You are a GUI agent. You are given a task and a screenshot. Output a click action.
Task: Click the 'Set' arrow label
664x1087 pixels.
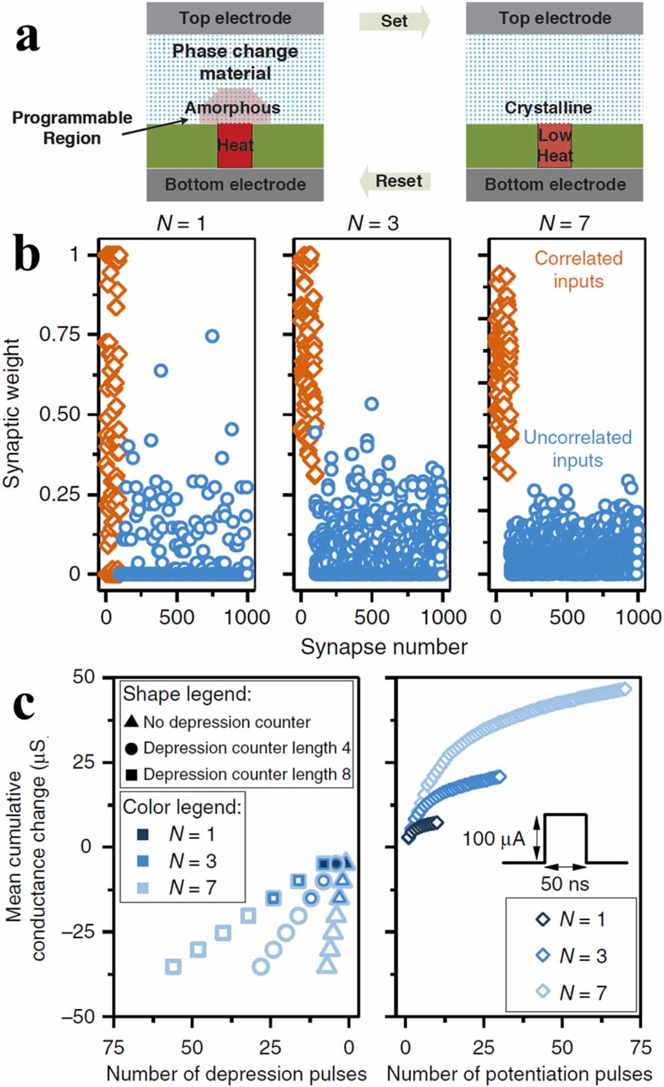(x=394, y=21)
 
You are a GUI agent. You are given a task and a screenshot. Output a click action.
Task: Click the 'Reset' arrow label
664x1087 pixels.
(x=398, y=181)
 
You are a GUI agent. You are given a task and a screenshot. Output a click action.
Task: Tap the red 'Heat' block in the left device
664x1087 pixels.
(x=235, y=145)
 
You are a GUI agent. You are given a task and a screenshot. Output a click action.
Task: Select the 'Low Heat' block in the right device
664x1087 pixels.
(x=555, y=145)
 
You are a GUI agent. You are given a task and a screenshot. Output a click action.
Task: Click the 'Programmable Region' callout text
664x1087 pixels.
(x=72, y=128)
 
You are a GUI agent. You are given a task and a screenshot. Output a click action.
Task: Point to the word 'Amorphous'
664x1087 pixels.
(x=233, y=108)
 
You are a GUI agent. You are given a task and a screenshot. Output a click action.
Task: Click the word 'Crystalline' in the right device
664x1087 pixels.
(x=548, y=108)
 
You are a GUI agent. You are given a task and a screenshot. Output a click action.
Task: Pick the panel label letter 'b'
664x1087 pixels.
(x=27, y=255)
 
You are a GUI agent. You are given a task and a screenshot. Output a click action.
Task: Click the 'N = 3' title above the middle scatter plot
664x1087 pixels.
(x=373, y=223)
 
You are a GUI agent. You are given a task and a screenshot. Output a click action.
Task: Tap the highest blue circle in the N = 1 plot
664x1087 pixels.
(x=212, y=336)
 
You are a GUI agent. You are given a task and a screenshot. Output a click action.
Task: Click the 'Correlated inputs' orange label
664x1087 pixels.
(x=578, y=269)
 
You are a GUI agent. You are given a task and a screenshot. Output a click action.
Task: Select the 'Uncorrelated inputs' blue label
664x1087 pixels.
(x=577, y=448)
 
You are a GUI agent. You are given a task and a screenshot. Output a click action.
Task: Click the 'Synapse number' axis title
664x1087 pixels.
(x=384, y=646)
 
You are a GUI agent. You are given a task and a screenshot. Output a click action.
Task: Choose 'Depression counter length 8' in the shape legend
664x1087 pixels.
(x=247, y=774)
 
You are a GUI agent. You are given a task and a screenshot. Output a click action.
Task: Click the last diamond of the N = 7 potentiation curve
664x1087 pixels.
(x=626, y=689)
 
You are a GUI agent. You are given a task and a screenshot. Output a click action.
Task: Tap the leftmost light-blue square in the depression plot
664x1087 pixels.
(x=173, y=967)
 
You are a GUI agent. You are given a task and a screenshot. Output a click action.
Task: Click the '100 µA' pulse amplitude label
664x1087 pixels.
(x=493, y=838)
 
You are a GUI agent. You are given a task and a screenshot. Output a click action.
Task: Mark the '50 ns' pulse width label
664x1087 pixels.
(x=565, y=884)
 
